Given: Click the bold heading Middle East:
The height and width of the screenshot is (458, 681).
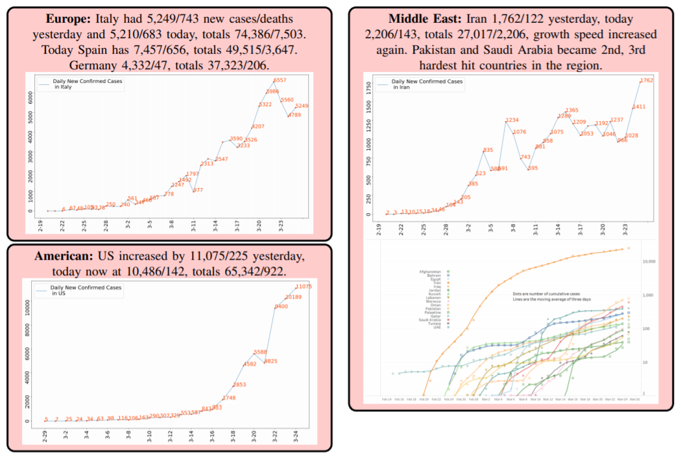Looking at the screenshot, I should pyautogui.click(x=424, y=19).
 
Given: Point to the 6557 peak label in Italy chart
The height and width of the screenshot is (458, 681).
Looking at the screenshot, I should pyautogui.click(x=280, y=80).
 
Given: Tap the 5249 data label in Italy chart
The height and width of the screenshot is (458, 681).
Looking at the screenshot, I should pyautogui.click(x=302, y=106).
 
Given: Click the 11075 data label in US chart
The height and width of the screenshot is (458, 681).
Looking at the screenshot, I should pyautogui.click(x=304, y=286).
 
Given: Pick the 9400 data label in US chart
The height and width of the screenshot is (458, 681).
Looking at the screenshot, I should pyautogui.click(x=281, y=306).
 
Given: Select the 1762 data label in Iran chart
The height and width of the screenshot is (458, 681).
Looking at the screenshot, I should pyautogui.click(x=647, y=81).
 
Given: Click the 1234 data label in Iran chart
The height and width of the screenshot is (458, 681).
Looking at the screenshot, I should pyautogui.click(x=512, y=120).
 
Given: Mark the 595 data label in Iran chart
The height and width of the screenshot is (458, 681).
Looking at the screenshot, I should pyautogui.click(x=532, y=168).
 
